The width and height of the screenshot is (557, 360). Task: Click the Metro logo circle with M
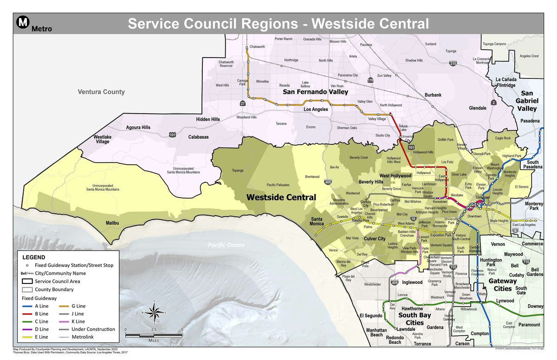click(x=23, y=22)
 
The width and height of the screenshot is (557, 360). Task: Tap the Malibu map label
click(x=112, y=223)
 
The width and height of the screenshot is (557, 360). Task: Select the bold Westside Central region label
click(x=281, y=197)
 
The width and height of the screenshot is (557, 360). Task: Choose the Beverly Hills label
click(x=371, y=182)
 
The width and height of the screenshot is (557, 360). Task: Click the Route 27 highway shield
click(x=242, y=104)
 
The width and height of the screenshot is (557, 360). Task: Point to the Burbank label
click(x=433, y=95)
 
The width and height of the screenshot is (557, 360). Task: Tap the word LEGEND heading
click(x=34, y=257)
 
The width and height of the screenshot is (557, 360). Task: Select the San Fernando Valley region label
click(x=316, y=92)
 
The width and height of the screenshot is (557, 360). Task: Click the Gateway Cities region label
click(x=502, y=284)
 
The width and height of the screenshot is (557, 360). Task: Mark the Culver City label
click(x=375, y=238)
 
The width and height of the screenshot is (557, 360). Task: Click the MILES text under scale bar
click(x=154, y=340)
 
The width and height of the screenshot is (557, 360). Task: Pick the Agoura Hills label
click(x=138, y=128)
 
